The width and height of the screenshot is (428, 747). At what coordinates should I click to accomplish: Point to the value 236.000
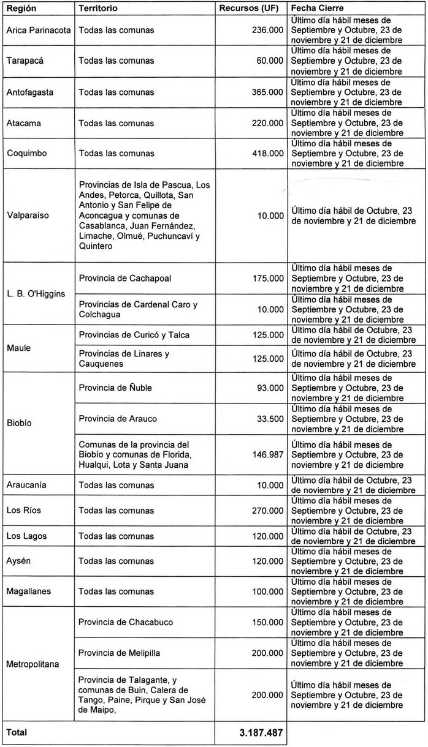[267, 31]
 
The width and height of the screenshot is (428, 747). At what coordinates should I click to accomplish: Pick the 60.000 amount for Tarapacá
[270, 61]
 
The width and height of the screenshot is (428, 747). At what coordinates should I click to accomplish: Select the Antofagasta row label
[30, 92]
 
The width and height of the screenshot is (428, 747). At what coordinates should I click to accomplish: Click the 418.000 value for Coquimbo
[267, 153]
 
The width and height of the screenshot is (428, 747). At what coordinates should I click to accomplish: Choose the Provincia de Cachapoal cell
[125, 279]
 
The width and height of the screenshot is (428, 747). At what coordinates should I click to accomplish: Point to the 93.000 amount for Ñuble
[270, 388]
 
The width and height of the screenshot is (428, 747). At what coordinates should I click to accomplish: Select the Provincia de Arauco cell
[118, 419]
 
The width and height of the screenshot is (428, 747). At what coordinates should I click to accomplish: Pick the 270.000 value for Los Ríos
[267, 511]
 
